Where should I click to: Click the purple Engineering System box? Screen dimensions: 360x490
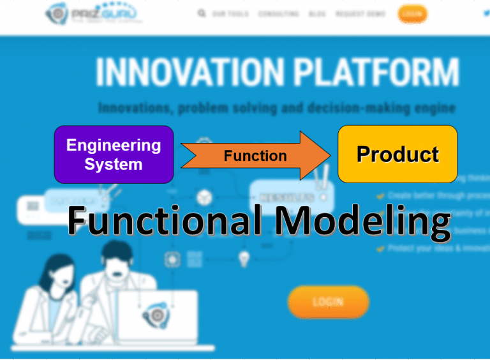point(114,154)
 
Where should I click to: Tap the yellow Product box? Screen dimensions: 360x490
point(397,154)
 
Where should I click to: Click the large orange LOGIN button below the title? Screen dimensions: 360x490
point(328,302)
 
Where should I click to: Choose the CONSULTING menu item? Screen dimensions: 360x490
point(278,13)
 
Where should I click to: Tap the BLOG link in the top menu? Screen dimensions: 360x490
point(317,13)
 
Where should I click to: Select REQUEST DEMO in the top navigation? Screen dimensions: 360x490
point(360,13)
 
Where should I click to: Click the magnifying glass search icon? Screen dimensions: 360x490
point(202,13)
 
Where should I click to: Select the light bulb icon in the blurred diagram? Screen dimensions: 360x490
point(243,259)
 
